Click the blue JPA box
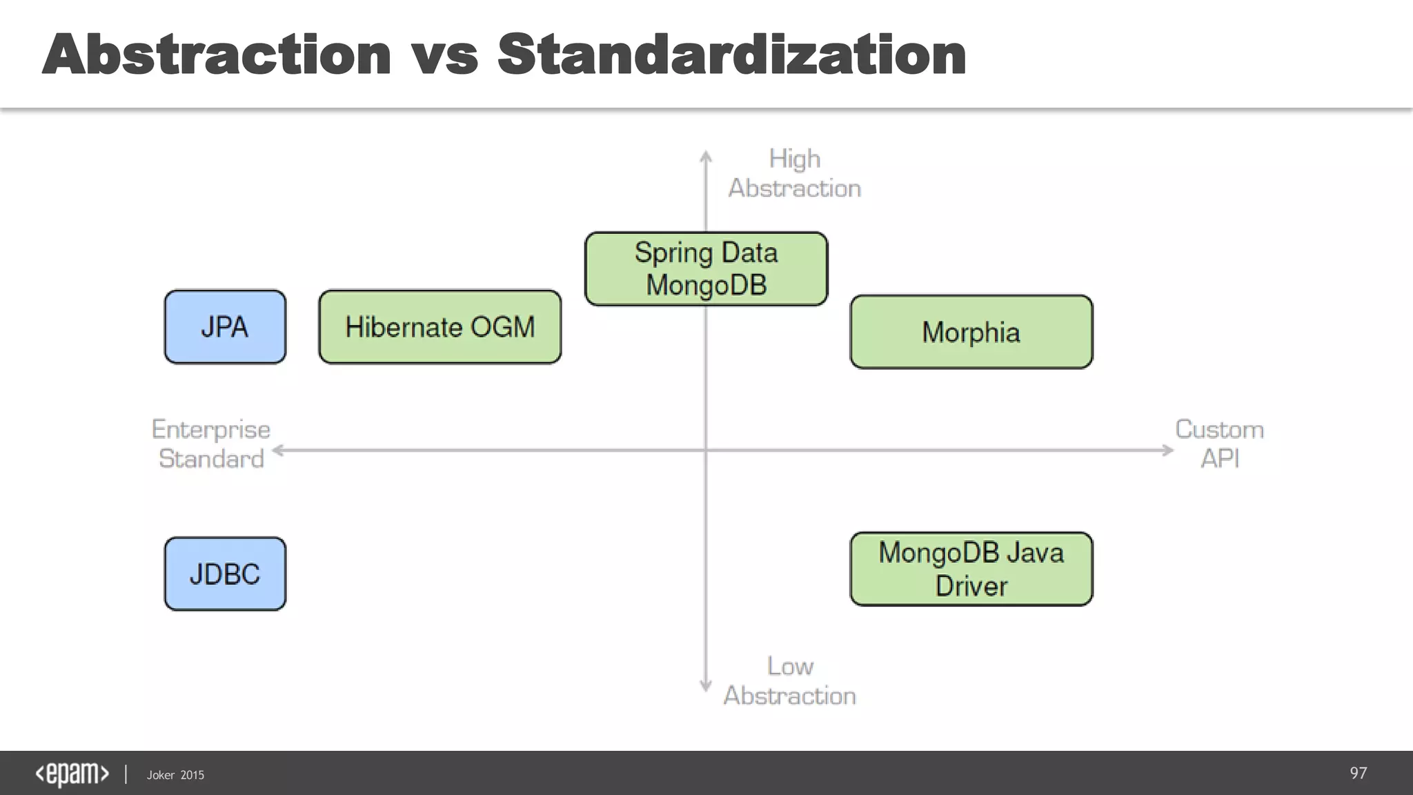click(x=225, y=326)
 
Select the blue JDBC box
click(x=225, y=573)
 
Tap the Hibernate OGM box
click(x=439, y=326)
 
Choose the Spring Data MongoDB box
click(x=706, y=268)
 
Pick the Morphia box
click(x=971, y=332)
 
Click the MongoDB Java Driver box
click(x=971, y=569)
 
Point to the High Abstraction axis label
click(x=794, y=173)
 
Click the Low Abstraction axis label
click(x=789, y=680)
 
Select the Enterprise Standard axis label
click(x=211, y=444)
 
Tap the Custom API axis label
click(x=1219, y=444)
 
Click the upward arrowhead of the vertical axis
click(x=706, y=156)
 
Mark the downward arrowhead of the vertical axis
click(x=706, y=686)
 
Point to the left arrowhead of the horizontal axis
click(x=278, y=451)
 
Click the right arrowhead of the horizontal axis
click(x=1167, y=451)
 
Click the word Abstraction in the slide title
click(x=217, y=55)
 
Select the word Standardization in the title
click(x=731, y=55)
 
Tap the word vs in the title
click(x=445, y=55)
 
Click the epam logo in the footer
click(x=72, y=774)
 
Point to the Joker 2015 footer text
click(x=175, y=775)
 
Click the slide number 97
click(x=1358, y=773)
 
